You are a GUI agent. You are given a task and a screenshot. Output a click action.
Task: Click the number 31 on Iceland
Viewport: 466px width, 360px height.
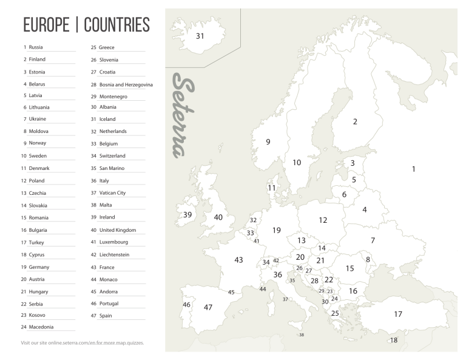pyautogui.click(x=200, y=36)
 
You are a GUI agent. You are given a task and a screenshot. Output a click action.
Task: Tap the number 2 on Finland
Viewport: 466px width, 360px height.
pyautogui.click(x=355, y=121)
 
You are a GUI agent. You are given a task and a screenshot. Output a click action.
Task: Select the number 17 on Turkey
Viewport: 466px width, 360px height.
pyautogui.click(x=398, y=314)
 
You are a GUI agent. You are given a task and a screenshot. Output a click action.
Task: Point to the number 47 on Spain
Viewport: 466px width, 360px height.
pyautogui.click(x=208, y=307)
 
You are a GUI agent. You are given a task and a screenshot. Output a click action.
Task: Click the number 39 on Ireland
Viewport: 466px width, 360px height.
pyautogui.click(x=187, y=215)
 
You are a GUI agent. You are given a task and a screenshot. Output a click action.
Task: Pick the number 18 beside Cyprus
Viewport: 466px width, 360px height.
pyautogui.click(x=393, y=340)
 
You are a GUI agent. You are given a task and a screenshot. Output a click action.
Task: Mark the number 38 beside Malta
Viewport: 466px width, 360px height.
pyautogui.click(x=302, y=335)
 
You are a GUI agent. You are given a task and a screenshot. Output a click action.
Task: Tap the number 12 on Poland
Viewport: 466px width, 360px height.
pyautogui.click(x=323, y=220)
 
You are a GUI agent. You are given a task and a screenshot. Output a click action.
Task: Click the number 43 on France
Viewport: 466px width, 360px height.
pyautogui.click(x=238, y=260)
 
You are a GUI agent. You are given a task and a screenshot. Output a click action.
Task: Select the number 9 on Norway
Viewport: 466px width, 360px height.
pyautogui.click(x=268, y=142)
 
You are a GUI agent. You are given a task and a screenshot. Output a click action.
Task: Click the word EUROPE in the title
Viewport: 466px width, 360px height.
pyautogui.click(x=47, y=25)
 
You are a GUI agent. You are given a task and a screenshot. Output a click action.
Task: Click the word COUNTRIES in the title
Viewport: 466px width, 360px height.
pyautogui.click(x=116, y=25)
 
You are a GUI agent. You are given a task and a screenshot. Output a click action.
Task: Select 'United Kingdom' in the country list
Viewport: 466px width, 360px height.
pyautogui.click(x=117, y=230)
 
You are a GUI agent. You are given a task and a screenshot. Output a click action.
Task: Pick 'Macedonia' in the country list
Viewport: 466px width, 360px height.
pyautogui.click(x=41, y=327)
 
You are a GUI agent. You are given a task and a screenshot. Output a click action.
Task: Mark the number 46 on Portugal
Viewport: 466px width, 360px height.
pyautogui.click(x=187, y=304)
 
